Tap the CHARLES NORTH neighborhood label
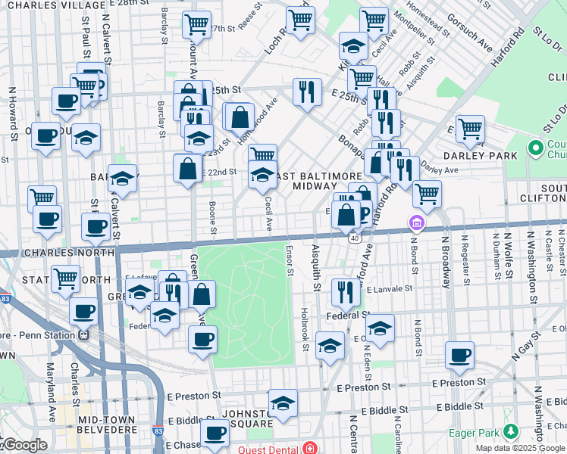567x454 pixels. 58,252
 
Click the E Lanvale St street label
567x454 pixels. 389,288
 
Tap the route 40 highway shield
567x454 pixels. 354,238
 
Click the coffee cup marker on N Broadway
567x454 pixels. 459,355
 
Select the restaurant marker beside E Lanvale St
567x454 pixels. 345,291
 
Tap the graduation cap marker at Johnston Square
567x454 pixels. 283,403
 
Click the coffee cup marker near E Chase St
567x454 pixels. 215,434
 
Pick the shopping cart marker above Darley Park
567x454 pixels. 470,129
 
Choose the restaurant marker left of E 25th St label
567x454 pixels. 307,92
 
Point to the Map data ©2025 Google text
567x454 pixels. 520,448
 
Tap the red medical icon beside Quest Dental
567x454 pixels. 309,447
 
